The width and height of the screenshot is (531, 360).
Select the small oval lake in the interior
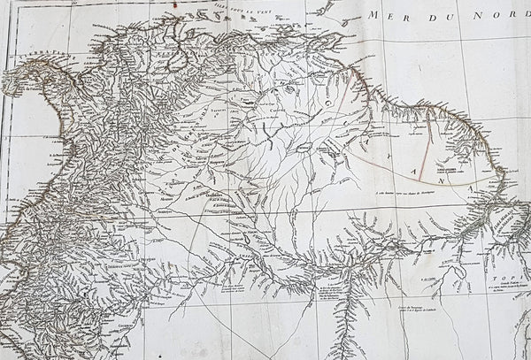(x=303, y=147)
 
